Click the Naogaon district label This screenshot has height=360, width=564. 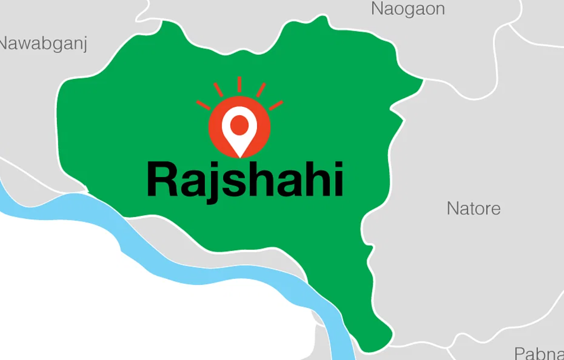[408, 9]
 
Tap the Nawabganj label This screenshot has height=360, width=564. [43, 44]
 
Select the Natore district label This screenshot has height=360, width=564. [473, 208]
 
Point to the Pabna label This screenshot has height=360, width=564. [539, 354]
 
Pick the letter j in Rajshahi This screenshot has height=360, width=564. [210, 184]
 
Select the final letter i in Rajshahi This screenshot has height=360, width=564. [337, 180]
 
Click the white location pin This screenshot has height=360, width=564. [240, 130]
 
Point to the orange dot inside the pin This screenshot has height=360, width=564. [240, 123]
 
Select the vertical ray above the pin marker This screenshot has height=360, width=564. [240, 84]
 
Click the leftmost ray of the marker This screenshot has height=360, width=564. [203, 105]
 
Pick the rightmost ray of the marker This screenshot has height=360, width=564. [276, 105]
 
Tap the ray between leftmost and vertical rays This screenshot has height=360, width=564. [219, 90]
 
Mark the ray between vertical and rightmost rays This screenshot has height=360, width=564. [261, 90]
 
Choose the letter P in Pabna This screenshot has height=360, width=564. [520, 354]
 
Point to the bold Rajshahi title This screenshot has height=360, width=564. [245, 180]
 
